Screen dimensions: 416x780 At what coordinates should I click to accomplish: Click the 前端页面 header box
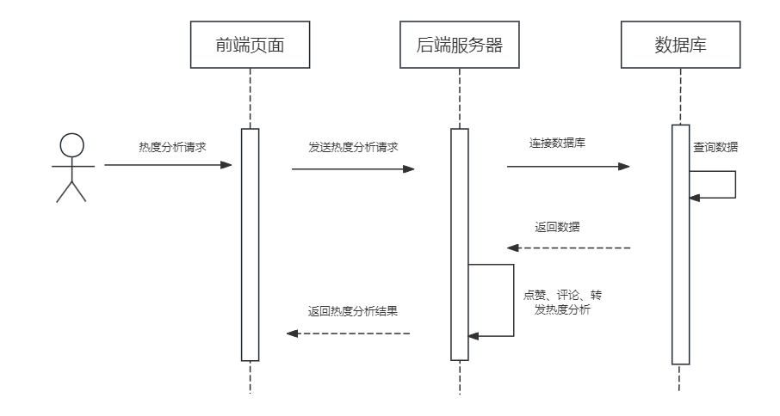click(x=250, y=46)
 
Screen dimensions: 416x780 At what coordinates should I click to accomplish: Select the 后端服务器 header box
click(x=459, y=46)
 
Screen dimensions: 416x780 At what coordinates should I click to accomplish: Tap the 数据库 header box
click(x=680, y=46)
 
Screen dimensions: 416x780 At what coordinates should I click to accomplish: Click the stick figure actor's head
click(x=71, y=145)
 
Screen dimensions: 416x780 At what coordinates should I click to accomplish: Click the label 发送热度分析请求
click(x=353, y=147)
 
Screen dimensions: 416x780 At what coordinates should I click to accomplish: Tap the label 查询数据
click(x=715, y=147)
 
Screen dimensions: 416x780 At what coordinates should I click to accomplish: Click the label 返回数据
click(x=557, y=227)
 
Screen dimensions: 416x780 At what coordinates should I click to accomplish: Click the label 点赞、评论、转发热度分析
click(x=562, y=303)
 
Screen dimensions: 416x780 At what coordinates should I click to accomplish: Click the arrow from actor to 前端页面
click(x=168, y=165)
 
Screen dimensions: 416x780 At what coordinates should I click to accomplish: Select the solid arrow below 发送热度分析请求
click(x=353, y=169)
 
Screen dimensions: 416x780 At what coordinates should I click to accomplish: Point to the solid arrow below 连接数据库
click(x=568, y=167)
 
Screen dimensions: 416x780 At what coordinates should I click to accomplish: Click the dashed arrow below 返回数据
click(x=568, y=248)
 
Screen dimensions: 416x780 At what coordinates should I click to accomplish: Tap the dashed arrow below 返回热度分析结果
click(x=349, y=333)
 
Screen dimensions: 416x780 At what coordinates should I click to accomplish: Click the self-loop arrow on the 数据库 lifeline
click(x=734, y=185)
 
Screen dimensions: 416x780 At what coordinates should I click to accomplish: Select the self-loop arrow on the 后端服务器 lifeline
click(x=512, y=301)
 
